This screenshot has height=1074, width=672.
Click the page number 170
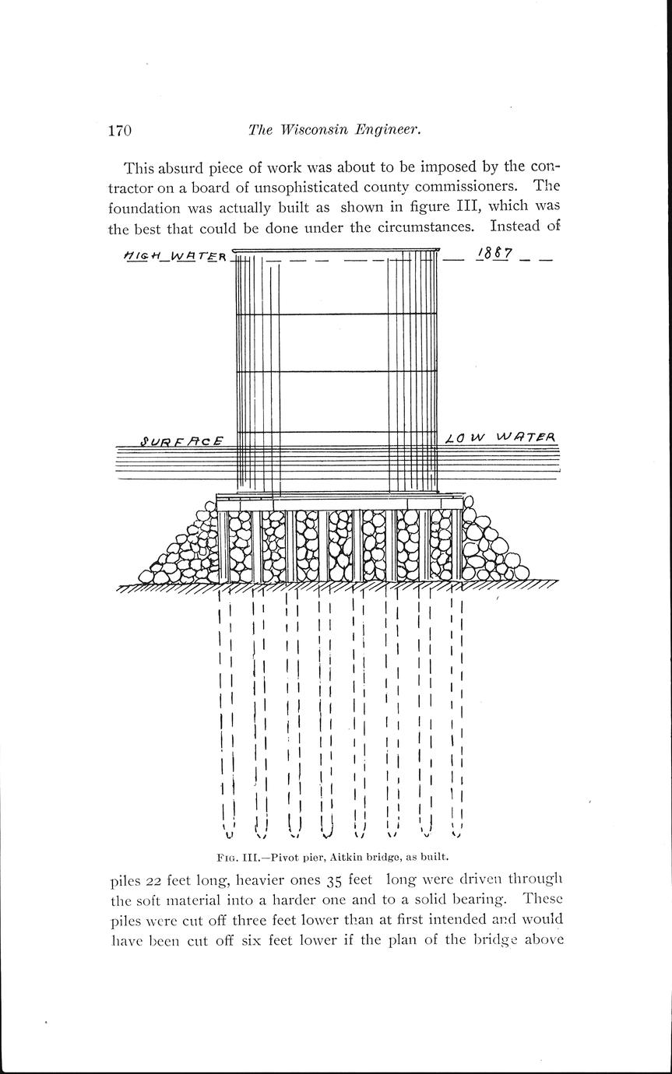pos(120,130)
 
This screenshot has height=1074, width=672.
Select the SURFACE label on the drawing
pos(182,440)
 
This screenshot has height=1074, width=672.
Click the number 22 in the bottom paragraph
pos(155,880)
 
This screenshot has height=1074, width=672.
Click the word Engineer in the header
pos(388,131)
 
